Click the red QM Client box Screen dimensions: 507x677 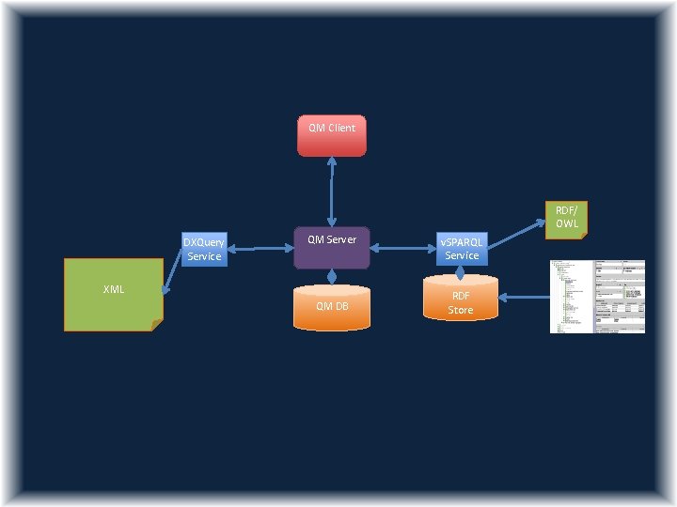tap(331, 135)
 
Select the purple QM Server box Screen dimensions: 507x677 tap(331, 247)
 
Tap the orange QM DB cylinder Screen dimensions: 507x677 tap(332, 307)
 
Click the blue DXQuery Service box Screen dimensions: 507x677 tap(204, 249)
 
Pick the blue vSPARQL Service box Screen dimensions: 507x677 tap(462, 248)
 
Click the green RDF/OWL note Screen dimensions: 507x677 tap(565, 217)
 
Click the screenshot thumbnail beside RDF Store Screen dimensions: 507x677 tap(597, 296)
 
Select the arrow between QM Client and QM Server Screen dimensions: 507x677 tap(331, 191)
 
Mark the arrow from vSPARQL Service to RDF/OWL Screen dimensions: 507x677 tap(515, 236)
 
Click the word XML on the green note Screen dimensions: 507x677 tap(113, 289)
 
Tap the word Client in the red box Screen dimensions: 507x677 tap(341, 128)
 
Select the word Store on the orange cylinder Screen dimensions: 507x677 tap(460, 310)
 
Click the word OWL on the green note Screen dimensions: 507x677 tap(566, 223)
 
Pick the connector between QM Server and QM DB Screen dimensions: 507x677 tap(332, 277)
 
